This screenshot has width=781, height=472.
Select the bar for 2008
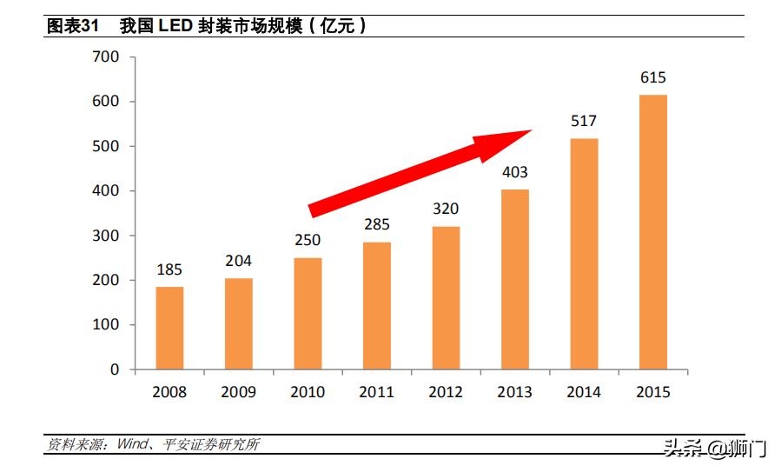pos(169,328)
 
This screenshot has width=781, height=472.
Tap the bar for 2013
pos(515,279)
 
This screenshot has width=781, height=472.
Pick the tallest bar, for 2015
pos(653,232)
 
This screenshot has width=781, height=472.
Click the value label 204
pos(239,261)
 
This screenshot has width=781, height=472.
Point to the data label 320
pos(446,209)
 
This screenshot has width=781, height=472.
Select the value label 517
pos(584,121)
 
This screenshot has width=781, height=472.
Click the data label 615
pos(653,77)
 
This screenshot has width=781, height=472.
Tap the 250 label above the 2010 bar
pos(308,240)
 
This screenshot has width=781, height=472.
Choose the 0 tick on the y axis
pos(114,369)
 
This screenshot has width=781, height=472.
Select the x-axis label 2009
pos(239,392)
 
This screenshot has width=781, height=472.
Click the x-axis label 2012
pos(446,392)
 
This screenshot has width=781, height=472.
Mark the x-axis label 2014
pos(584,392)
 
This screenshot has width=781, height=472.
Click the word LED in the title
pos(177,26)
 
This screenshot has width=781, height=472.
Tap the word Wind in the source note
pos(126,445)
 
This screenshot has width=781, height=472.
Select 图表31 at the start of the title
pos(70,26)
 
